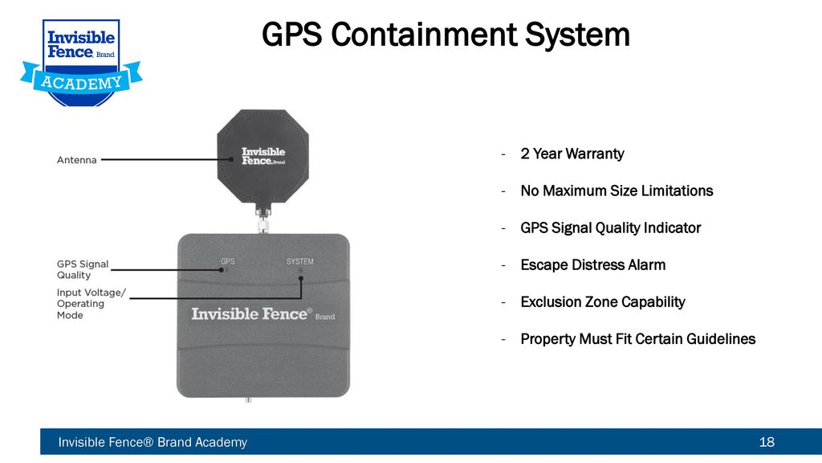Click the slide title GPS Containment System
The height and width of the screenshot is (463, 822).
coord(446,35)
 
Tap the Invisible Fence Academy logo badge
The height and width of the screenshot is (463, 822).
coord(81,63)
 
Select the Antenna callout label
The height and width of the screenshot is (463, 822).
coord(76,160)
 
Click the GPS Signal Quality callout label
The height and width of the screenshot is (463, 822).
coord(83,269)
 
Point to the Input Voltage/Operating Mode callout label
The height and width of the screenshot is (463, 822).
coord(92,304)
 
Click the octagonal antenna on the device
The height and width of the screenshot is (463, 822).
coord(262,157)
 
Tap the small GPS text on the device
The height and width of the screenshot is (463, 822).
coord(227,261)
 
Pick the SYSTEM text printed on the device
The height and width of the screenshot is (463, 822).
coord(300,261)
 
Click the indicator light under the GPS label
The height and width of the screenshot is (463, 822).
coord(222,270)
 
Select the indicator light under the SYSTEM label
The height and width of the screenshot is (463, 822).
coord(300,271)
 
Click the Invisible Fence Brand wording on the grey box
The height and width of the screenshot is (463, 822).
coord(262,314)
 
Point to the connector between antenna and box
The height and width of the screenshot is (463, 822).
coord(262,219)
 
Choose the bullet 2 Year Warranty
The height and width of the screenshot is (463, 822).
coord(572,154)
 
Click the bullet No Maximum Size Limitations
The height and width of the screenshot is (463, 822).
coord(616,191)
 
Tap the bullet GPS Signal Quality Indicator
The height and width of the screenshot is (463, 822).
coord(610,227)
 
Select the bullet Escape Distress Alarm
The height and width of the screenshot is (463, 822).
coord(593,265)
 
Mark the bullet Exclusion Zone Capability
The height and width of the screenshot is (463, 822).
coord(603,302)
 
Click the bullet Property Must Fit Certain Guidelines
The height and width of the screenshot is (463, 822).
coord(638,339)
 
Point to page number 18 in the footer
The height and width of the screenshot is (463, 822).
coord(767,442)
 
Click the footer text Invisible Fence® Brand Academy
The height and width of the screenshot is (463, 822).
coord(153,442)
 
